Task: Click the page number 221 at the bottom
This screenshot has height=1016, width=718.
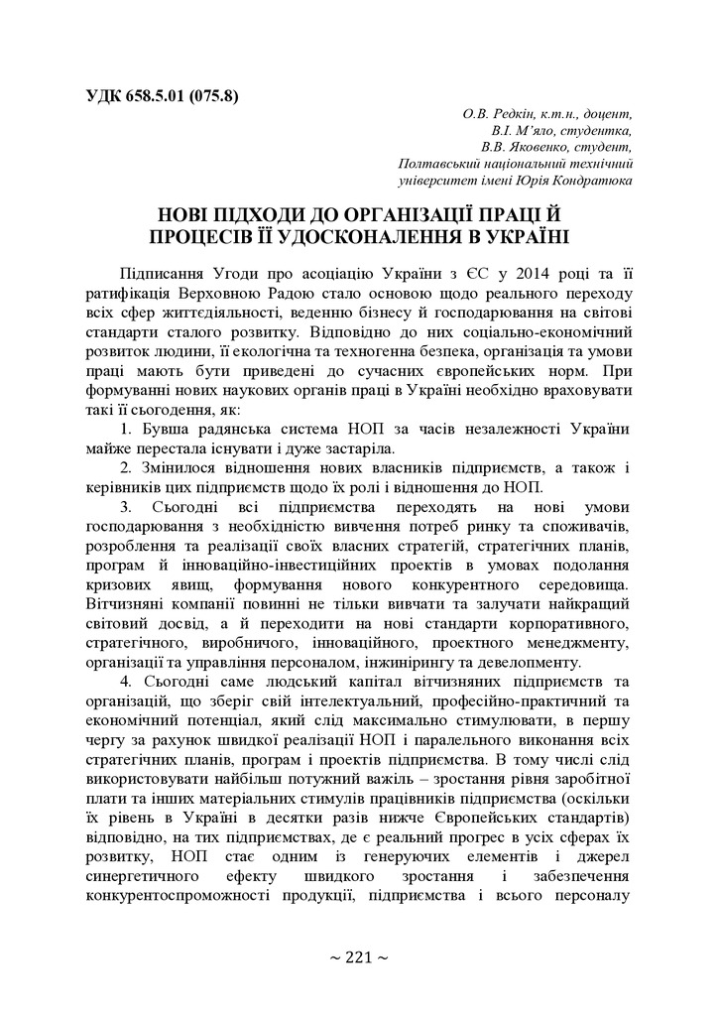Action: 358,957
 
